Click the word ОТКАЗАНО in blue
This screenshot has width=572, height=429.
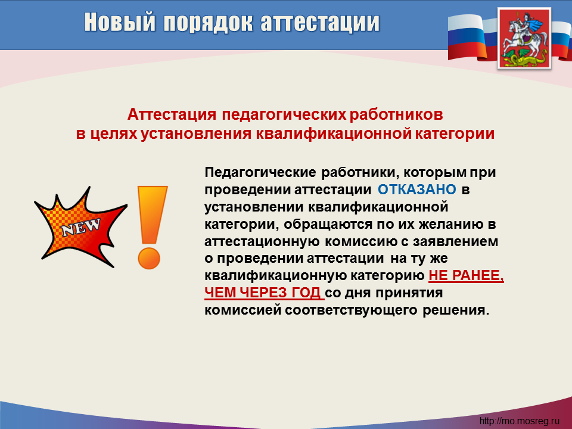tap(416, 189)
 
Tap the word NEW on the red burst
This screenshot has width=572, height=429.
tap(81, 228)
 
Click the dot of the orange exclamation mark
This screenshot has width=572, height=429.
tap(149, 258)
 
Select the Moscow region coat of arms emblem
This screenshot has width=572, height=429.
tap(524, 39)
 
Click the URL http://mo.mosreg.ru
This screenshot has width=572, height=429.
tap(519, 421)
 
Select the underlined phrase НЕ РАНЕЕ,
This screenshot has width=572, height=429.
tap(466, 275)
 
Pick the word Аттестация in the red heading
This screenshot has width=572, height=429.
tap(172, 114)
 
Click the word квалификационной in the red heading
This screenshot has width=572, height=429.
tap(334, 133)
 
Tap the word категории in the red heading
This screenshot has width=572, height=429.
tap(455, 134)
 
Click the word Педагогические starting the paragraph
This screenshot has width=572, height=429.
tap(260, 172)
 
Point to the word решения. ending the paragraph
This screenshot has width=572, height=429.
tap(456, 310)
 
